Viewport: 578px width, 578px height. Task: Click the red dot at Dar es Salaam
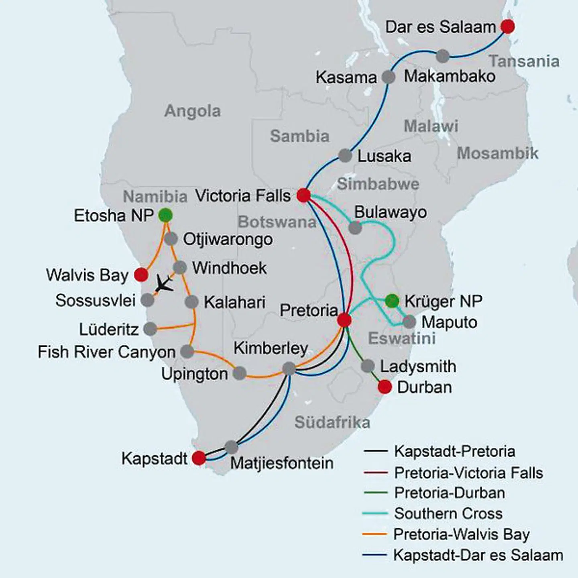pos(507,26)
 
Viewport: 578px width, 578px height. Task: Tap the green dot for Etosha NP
pos(165,216)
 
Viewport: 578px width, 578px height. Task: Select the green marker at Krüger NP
pos(392,301)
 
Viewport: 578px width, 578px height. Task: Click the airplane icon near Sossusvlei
pos(164,283)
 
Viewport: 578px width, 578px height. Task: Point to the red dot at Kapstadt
pos(199,458)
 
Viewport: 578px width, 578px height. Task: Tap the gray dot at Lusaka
pos(345,155)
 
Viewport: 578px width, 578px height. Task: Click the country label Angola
pos(192,111)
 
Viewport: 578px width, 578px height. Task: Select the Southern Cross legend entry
pos(448,513)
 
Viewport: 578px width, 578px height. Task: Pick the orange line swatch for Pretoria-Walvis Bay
pos(375,534)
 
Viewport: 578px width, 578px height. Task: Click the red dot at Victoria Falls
pos(303,195)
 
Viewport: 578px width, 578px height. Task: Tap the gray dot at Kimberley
pos(289,368)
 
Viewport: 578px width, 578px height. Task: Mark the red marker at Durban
pos(385,387)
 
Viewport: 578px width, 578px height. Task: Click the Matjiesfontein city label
pos(282,463)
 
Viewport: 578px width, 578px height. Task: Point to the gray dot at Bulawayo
pos(355,228)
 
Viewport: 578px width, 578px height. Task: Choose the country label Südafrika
pos(332,422)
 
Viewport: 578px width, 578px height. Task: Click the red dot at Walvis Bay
pos(141,275)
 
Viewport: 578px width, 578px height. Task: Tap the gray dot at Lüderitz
pos(150,329)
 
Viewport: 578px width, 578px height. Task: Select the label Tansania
pos(524,61)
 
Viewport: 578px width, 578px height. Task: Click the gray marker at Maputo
pos(409,322)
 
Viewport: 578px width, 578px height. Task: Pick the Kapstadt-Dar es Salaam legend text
pos(478,556)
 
